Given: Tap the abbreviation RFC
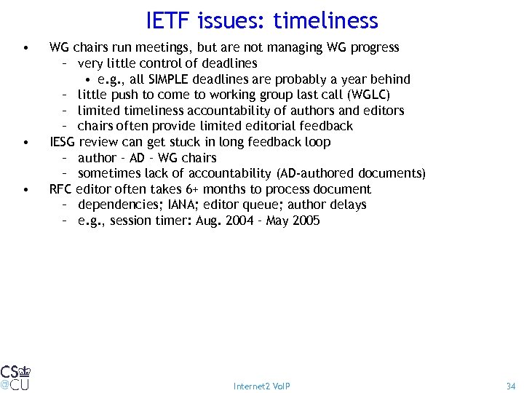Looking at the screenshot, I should pos(61,189).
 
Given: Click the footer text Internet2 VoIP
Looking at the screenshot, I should pos(261,386).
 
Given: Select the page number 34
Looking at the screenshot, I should pos(509,386).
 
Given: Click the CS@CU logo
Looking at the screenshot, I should pos(15,377).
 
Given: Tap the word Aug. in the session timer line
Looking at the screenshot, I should pos(209,221).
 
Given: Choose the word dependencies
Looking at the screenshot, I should pos(113,205).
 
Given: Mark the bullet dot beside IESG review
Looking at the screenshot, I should pos(26,143).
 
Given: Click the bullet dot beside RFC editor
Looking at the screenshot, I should pos(26,190).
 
